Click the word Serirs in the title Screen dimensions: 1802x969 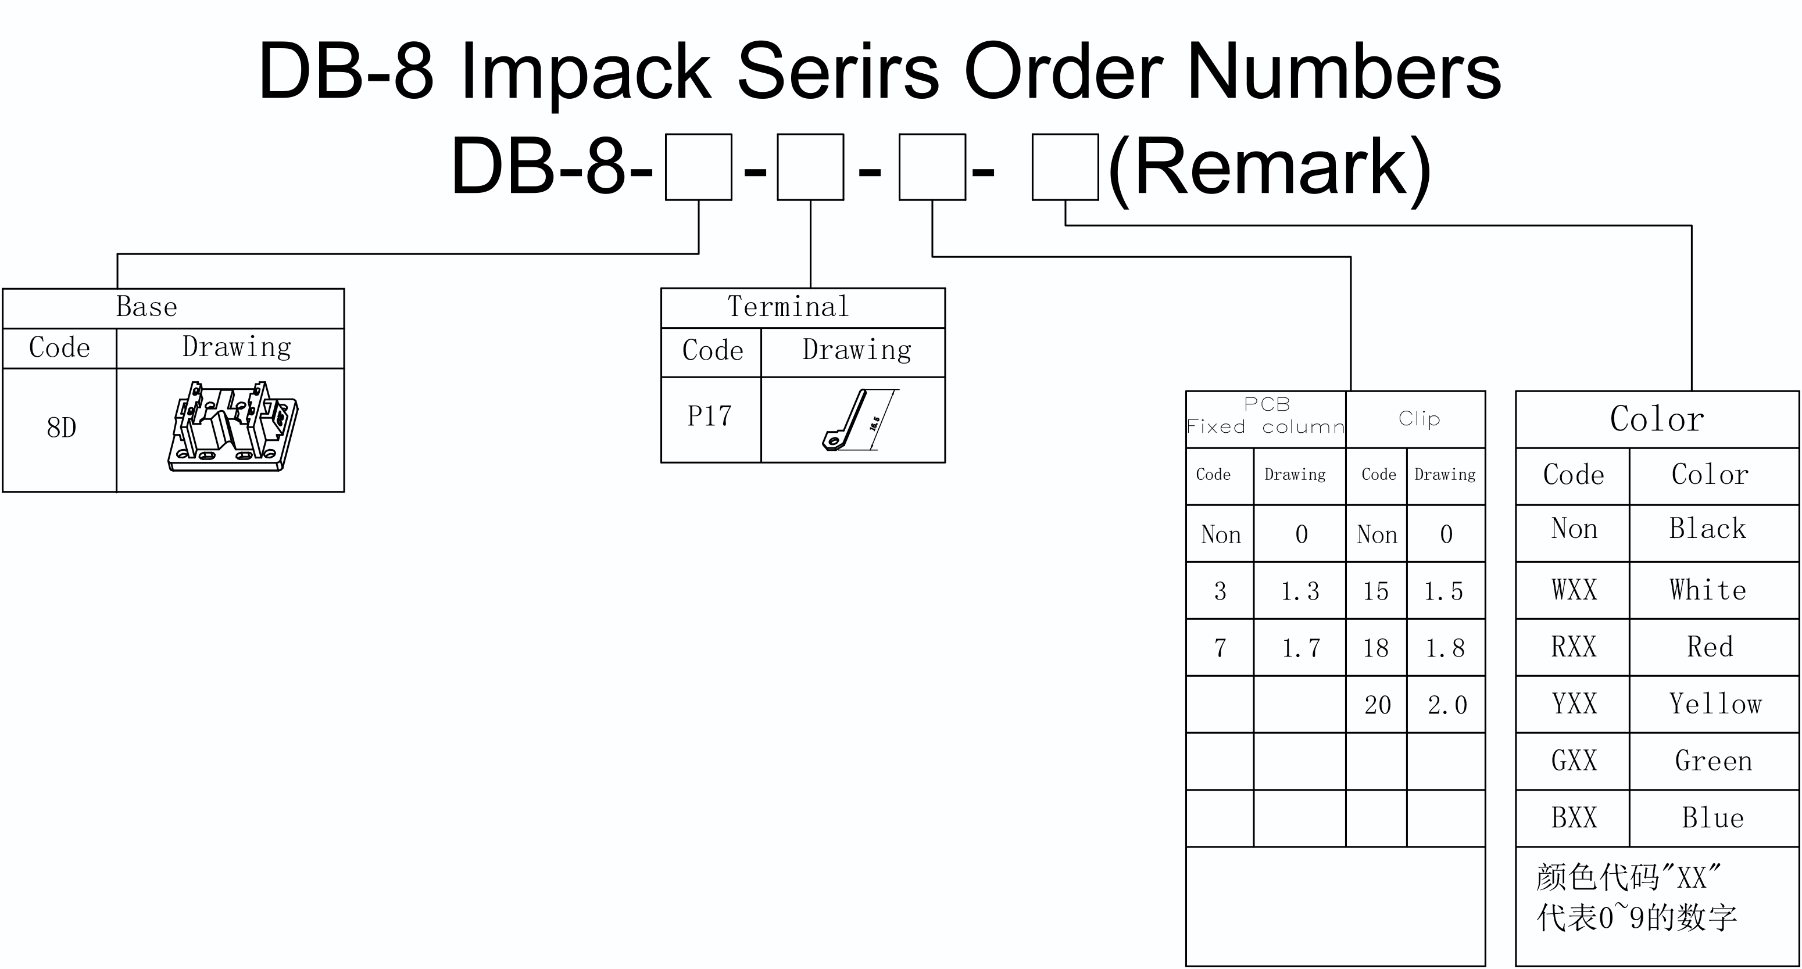click(x=838, y=71)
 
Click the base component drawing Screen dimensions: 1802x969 click(x=233, y=426)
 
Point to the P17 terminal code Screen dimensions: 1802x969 click(x=709, y=416)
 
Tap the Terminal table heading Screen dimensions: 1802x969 click(x=788, y=306)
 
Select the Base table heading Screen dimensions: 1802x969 click(x=146, y=306)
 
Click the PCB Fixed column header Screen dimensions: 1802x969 click(x=1266, y=416)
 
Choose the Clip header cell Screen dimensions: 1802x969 click(x=1420, y=418)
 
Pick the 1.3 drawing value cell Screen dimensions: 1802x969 click(x=1300, y=591)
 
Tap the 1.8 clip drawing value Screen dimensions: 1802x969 click(x=1445, y=648)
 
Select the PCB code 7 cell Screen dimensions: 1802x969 click(x=1220, y=648)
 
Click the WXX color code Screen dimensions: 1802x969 click(x=1574, y=590)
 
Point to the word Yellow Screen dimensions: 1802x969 click(x=1715, y=704)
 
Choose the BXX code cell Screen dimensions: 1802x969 click(x=1574, y=817)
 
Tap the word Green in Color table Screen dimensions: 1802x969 click(x=1713, y=760)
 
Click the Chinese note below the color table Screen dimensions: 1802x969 click(x=1636, y=897)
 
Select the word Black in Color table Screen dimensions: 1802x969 click(x=1708, y=529)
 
